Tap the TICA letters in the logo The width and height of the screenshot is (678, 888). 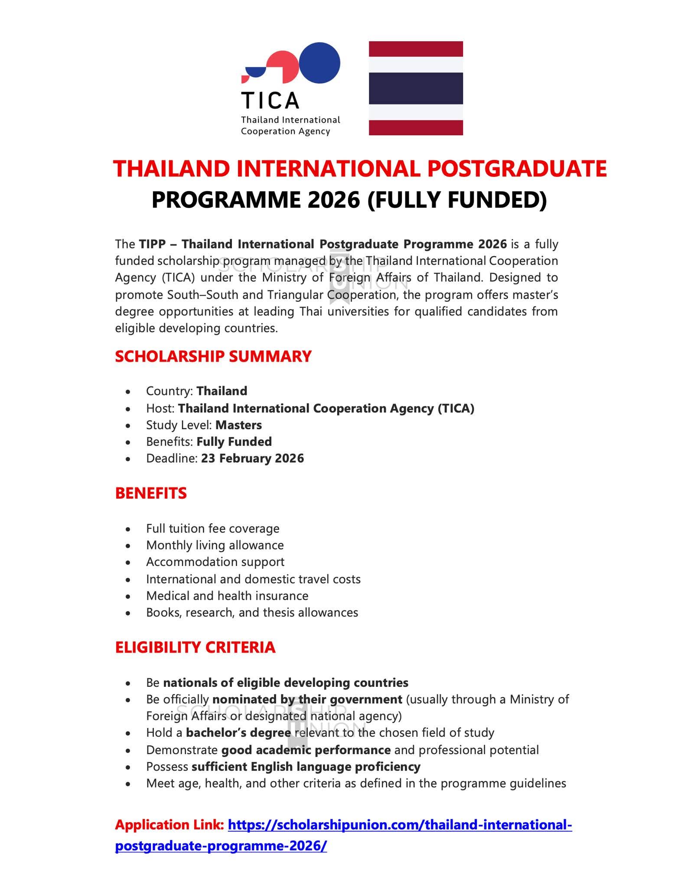pos(270,101)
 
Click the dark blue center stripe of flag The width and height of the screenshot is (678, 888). pos(416,88)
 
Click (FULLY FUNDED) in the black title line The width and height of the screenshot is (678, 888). pos(457,200)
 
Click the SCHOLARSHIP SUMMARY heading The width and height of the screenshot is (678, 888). pos(213,356)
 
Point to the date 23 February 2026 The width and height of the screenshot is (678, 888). pos(252,458)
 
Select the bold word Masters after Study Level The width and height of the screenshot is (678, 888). pos(238,425)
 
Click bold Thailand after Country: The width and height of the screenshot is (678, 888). pos(222,391)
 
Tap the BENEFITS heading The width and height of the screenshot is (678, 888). pos(151,493)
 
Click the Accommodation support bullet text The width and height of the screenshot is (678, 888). pos(215,562)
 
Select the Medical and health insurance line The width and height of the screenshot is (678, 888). pos(227,596)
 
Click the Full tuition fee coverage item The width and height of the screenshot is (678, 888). pos(212,529)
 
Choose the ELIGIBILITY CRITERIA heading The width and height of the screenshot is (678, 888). pos(195,647)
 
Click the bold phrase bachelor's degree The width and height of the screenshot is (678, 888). pos(238,733)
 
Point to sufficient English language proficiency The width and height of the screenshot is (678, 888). pos(306,767)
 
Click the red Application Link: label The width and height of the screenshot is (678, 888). pos(169,825)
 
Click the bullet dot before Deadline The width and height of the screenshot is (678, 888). pos(127,459)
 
